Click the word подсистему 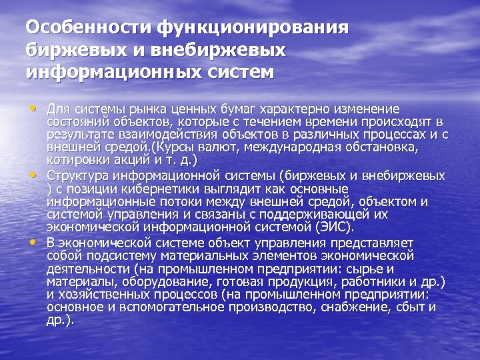(118, 255)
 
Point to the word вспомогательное (156, 307)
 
